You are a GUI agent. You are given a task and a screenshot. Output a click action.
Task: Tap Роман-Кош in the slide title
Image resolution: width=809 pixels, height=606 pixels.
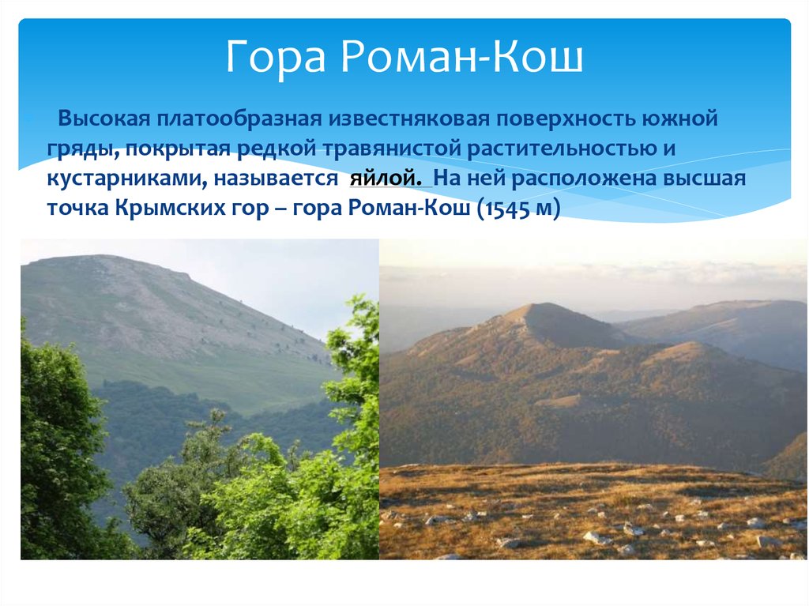[x=461, y=56]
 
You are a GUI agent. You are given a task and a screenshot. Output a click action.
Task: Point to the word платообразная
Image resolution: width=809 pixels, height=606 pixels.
[x=239, y=119]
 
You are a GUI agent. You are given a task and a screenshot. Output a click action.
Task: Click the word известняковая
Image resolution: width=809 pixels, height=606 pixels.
[x=408, y=119]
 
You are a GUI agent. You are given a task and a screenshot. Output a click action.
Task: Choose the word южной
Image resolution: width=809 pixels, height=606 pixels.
[x=680, y=119]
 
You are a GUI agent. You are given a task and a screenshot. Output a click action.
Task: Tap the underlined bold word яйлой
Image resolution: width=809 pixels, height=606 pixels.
[x=386, y=179]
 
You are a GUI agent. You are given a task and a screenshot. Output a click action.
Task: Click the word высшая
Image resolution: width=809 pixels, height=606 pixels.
[x=705, y=179]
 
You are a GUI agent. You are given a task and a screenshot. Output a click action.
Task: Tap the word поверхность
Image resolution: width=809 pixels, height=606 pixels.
[x=566, y=119]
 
